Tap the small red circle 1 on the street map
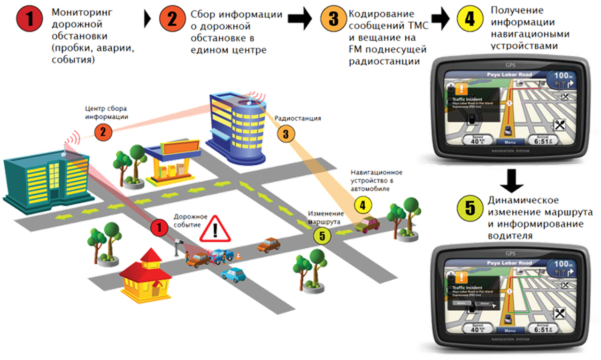(160, 228)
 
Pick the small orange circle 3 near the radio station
(286, 133)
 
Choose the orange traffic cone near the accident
(238, 256)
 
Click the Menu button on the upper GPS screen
(507, 142)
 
